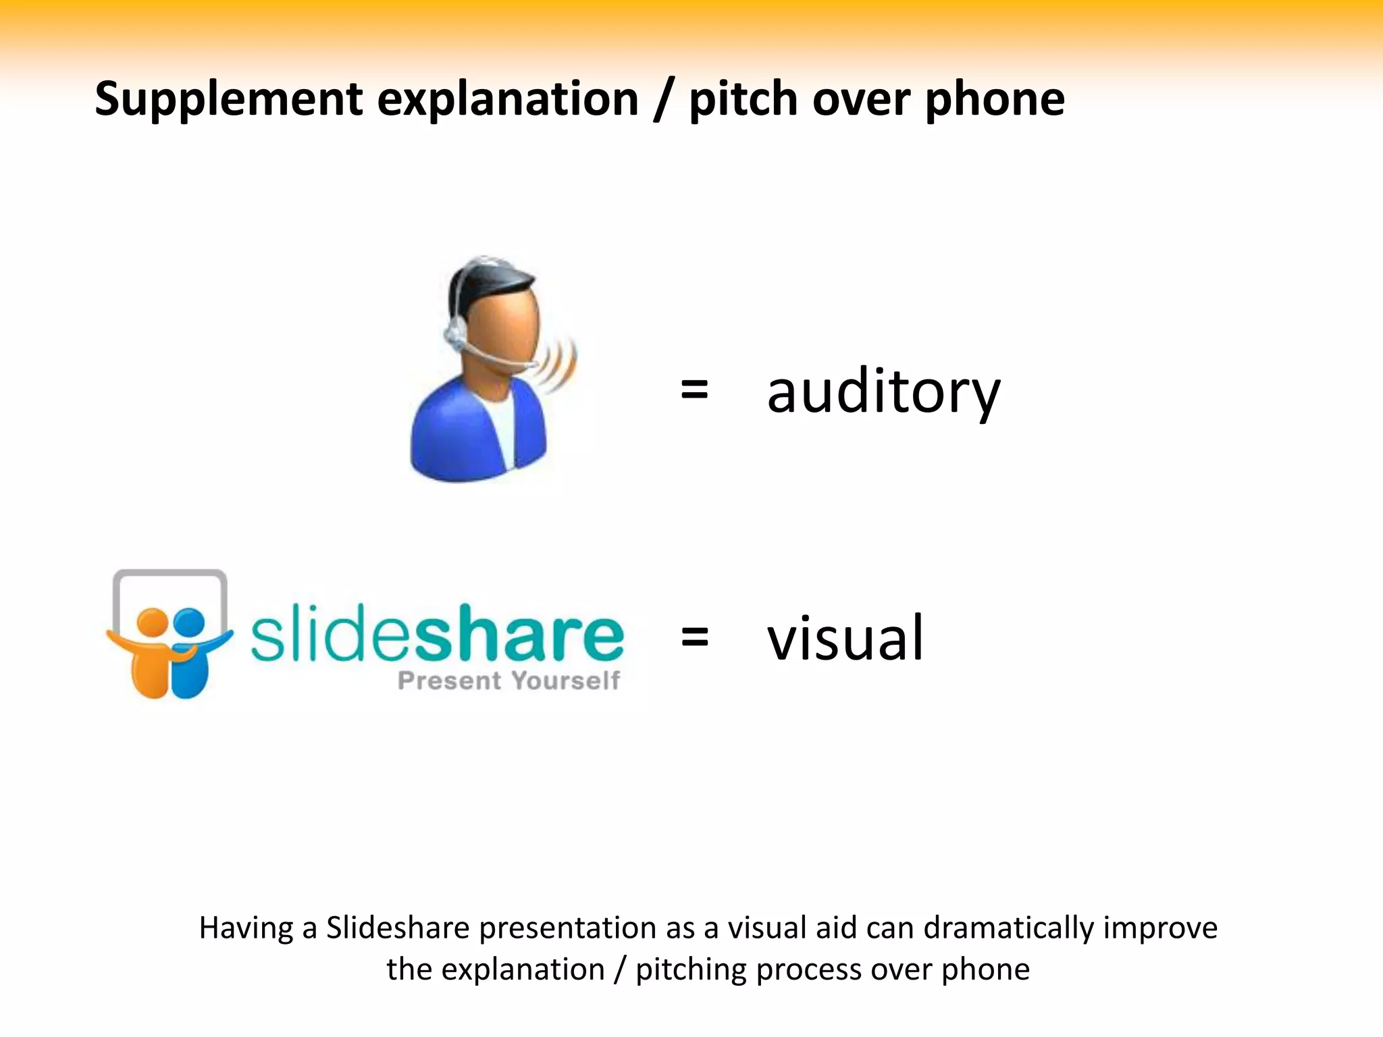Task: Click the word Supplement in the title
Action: coord(228,99)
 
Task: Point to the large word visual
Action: coord(845,637)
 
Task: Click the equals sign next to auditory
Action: coord(694,390)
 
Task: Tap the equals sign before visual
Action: coord(694,637)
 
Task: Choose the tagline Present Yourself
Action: coord(508,681)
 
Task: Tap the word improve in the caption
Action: coord(1160,928)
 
